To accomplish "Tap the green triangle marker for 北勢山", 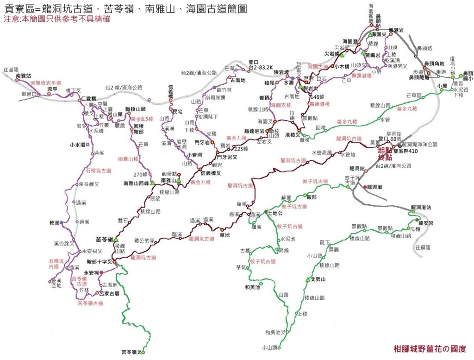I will click(x=307, y=279).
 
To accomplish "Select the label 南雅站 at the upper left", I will click(x=23, y=75).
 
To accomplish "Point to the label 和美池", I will click(x=252, y=287).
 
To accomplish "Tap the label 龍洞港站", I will click(x=421, y=207).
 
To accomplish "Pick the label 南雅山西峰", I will click(x=136, y=183).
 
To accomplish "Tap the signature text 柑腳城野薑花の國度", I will click(x=429, y=349).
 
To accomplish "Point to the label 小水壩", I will click(x=77, y=144).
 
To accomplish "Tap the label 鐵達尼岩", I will click(x=255, y=131).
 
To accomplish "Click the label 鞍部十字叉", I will click(x=99, y=262).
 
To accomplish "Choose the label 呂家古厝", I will click(x=110, y=293).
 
